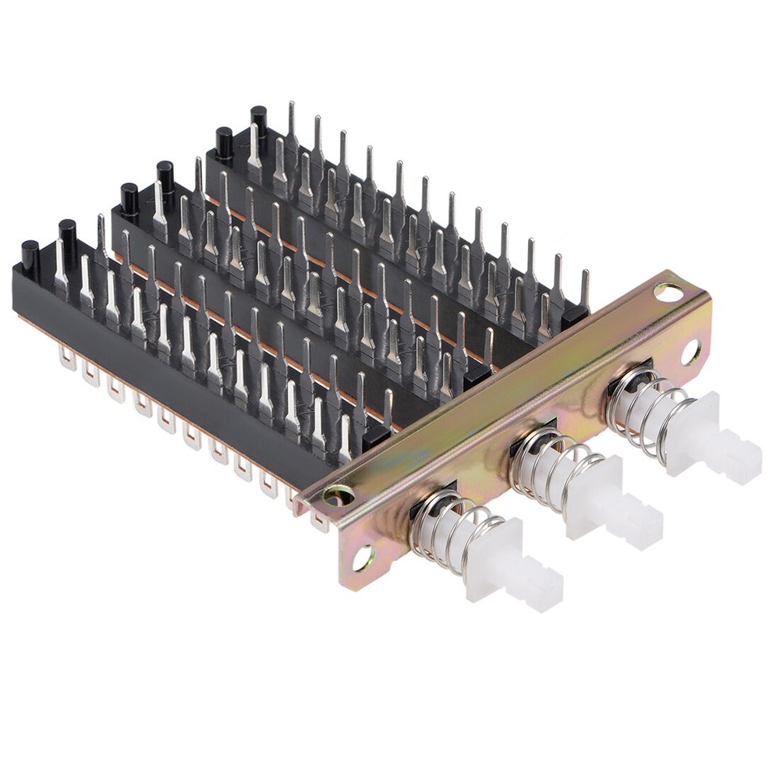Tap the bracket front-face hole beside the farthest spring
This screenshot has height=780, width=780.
(x=691, y=352)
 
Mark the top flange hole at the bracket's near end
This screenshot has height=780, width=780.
(x=338, y=493)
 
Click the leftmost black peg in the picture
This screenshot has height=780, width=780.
(x=30, y=253)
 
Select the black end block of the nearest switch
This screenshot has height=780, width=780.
(x=377, y=437)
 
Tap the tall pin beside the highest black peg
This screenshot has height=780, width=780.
(x=291, y=125)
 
